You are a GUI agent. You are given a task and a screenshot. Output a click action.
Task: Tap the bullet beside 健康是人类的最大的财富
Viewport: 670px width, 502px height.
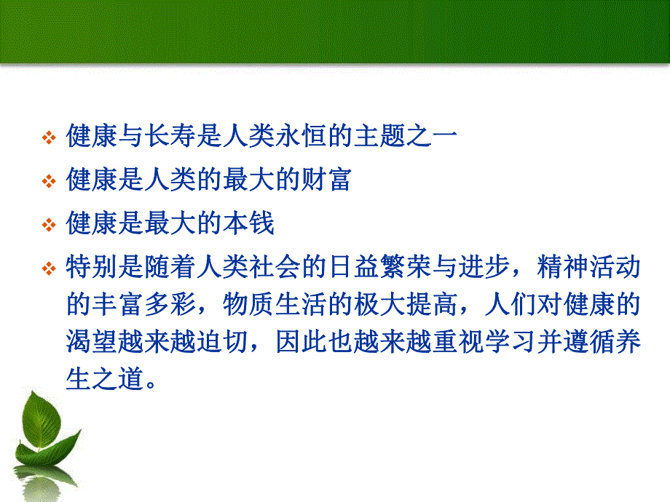(49, 181)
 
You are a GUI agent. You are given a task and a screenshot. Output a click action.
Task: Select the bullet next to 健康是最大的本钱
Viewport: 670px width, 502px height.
(49, 225)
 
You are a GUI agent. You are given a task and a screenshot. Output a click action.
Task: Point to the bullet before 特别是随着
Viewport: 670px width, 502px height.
(49, 269)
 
